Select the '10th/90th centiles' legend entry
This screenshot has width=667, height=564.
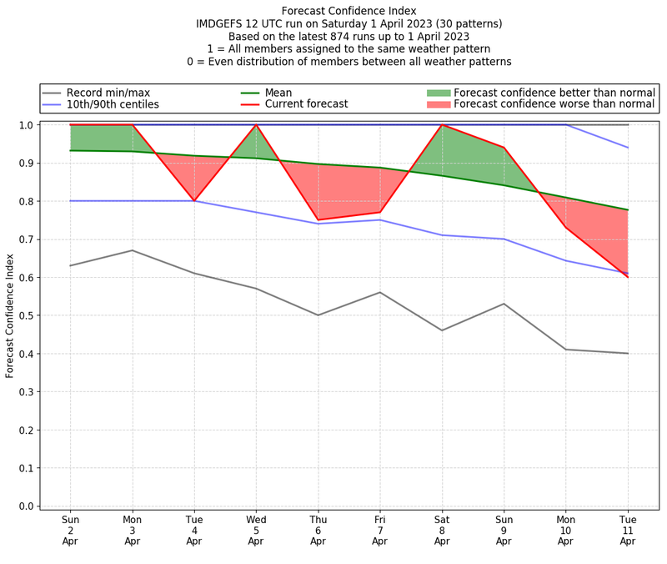113,104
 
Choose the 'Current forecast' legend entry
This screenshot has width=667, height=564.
306,104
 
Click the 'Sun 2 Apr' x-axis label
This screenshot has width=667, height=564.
71,530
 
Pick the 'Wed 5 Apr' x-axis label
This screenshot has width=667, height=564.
256,530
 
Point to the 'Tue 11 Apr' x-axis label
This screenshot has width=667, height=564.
628,530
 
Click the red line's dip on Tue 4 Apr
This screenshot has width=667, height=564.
194,201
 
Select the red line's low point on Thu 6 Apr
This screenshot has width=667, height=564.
318,220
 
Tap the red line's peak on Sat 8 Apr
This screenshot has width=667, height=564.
442,125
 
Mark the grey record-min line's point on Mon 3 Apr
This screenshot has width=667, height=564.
133,250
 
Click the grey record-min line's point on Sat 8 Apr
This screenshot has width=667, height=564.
442,330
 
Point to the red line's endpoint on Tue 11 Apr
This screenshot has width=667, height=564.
628,277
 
